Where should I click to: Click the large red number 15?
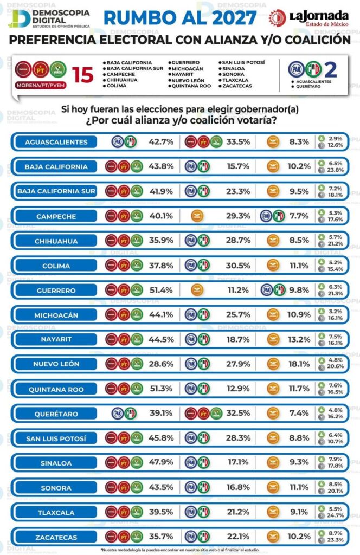83,75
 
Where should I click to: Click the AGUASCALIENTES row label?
56,142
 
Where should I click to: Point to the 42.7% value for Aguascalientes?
161,142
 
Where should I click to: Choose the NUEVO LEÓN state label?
56,364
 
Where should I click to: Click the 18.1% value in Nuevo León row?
298,364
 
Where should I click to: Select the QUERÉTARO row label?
56,414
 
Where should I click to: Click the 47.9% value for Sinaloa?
161,463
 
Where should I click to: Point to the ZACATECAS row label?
56,538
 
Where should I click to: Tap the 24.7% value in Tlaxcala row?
336,517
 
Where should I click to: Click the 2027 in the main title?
227,18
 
